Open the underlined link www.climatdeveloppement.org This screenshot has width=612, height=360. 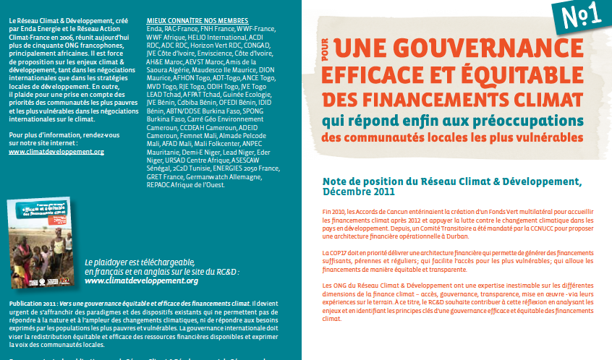point(56,152)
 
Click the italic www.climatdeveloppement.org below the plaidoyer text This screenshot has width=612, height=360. point(142,280)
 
